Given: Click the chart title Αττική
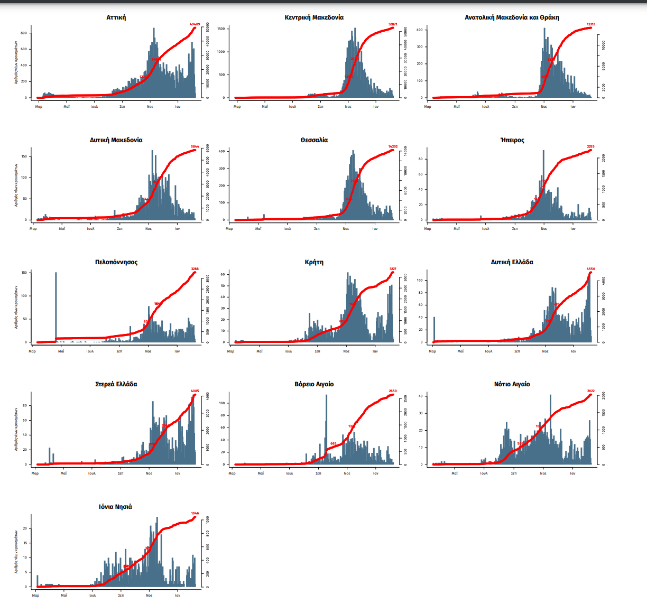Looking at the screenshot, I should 116,17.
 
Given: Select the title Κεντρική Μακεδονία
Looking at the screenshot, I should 314,17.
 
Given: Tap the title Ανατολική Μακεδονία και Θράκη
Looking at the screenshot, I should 512,17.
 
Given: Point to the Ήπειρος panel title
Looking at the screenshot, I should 512,140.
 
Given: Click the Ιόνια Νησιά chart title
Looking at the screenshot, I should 116,507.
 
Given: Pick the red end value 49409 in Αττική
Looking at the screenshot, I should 195,24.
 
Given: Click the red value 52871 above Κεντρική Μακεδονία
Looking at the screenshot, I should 393,24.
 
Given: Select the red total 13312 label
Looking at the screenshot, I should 591,24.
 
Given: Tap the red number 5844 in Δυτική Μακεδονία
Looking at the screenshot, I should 195,146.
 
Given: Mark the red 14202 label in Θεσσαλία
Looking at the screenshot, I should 393,146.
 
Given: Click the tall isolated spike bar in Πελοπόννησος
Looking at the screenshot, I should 56,306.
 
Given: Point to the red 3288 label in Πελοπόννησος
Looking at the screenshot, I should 195,269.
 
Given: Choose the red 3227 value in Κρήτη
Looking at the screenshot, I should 393,269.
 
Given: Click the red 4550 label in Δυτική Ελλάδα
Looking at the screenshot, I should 591,269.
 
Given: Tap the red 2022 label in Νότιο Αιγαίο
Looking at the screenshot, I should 591,391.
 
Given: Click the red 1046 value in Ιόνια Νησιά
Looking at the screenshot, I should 195,514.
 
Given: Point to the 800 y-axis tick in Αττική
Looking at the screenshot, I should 24,33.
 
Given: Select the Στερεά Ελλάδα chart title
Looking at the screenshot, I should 116,384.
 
